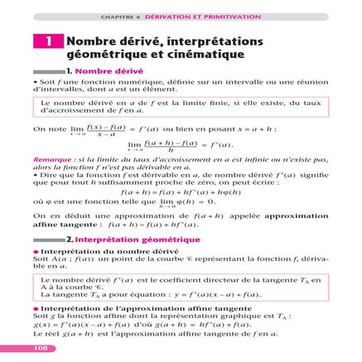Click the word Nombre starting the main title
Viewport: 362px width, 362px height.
[x=90, y=41]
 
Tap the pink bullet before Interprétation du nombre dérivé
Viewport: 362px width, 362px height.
[x=36, y=251]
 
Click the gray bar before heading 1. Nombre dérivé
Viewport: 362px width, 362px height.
[x=49, y=73]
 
